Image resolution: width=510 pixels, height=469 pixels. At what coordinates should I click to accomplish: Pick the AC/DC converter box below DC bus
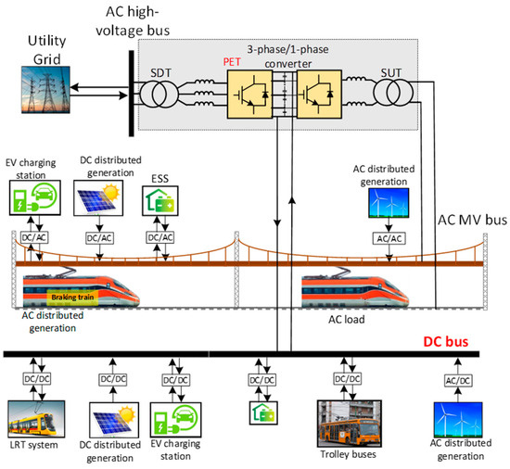(458, 381)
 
